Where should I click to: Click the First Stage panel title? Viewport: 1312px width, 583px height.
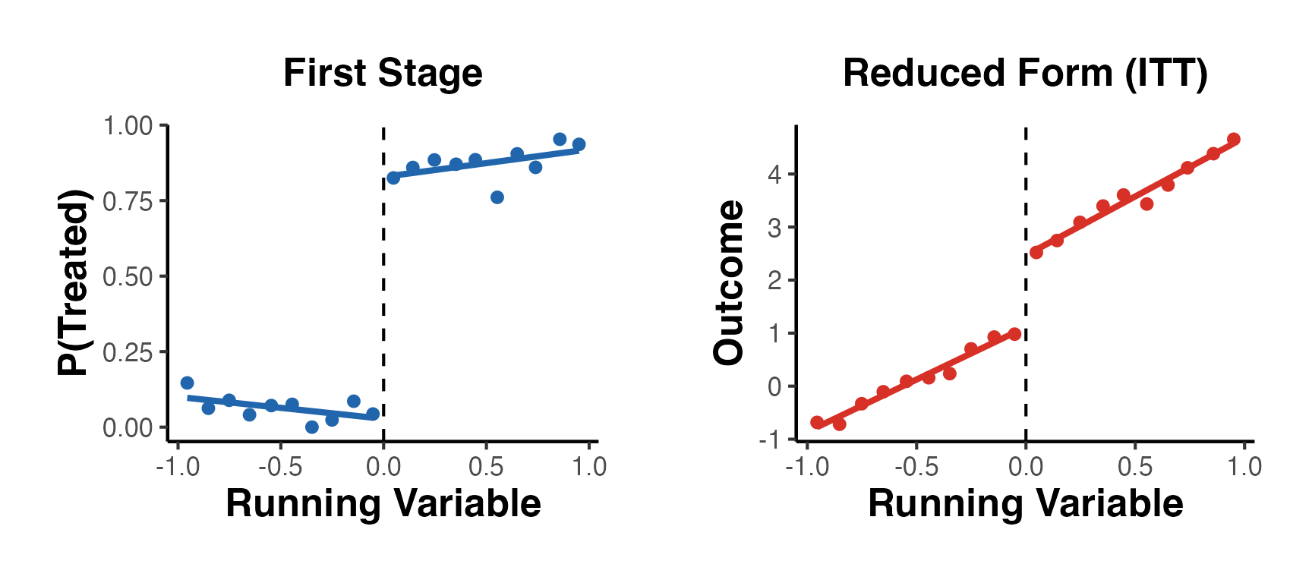(x=383, y=74)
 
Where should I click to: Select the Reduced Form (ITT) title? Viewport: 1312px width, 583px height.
(x=1025, y=74)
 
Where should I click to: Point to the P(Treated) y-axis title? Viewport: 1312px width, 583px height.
(x=74, y=282)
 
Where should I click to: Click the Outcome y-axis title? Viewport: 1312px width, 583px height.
(x=729, y=282)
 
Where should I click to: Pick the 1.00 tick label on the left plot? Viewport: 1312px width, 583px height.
(x=128, y=126)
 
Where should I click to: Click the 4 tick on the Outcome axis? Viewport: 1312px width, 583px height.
(x=774, y=175)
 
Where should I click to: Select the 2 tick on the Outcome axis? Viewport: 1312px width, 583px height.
(x=774, y=280)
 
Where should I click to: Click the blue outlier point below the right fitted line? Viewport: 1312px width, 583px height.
(x=497, y=197)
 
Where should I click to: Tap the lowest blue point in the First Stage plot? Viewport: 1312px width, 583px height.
(x=311, y=427)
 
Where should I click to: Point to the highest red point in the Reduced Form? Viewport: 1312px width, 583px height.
(x=1234, y=139)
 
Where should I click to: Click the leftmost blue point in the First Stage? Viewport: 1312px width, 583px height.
(x=188, y=383)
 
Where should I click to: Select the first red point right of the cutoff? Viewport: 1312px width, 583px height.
(x=1036, y=252)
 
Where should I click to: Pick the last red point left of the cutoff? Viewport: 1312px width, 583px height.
(x=1014, y=334)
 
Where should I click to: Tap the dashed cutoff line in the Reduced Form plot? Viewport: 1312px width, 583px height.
(x=1026, y=304)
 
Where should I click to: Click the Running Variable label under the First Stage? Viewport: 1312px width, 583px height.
(x=383, y=503)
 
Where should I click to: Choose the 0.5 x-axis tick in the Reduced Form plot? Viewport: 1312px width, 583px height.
(x=1135, y=466)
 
